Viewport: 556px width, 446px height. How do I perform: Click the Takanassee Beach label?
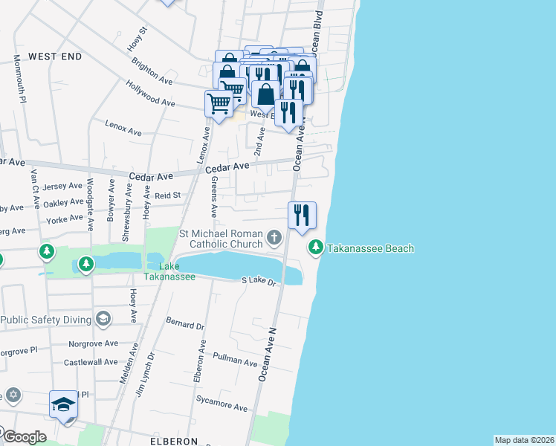click(370, 249)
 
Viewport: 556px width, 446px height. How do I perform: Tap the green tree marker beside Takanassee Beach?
click(316, 246)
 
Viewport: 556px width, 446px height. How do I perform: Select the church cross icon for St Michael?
click(274, 238)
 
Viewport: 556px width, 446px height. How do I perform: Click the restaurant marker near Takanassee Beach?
click(302, 216)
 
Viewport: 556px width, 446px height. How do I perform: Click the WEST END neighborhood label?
click(55, 56)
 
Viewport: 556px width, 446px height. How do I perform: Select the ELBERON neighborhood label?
click(174, 441)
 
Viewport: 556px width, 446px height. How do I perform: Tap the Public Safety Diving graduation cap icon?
click(103, 320)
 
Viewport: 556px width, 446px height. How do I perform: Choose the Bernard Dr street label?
click(185, 326)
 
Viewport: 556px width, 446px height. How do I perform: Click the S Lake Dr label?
click(259, 281)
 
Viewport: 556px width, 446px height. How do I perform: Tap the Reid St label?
click(168, 195)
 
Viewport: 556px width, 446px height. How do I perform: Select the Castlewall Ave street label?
click(91, 363)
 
